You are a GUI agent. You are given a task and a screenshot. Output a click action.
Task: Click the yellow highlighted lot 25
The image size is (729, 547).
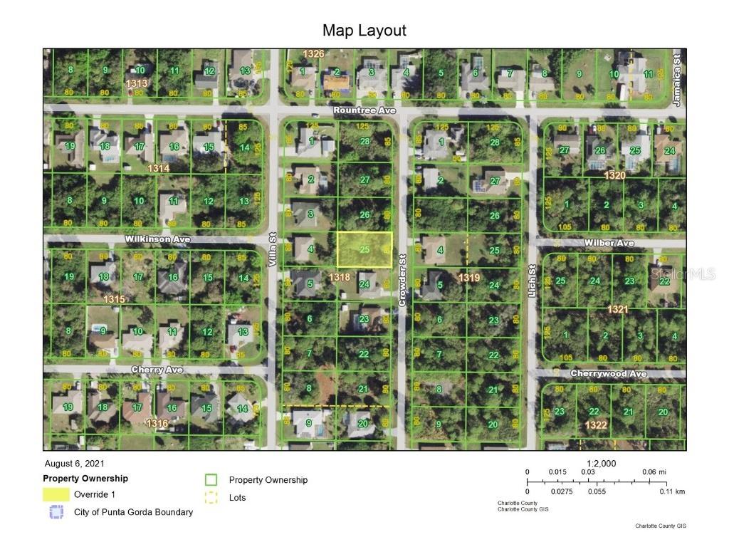tap(364, 249)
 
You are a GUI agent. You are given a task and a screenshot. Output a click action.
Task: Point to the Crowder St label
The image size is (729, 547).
tap(402, 281)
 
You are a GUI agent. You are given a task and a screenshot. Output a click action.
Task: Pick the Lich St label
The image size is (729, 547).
tap(532, 281)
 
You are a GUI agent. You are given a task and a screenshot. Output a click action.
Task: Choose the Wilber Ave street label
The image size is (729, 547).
tap(609, 243)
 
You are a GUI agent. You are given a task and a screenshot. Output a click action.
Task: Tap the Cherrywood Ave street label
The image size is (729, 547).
tap(608, 373)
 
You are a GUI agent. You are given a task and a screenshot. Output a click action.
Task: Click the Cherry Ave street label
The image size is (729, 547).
tap(157, 370)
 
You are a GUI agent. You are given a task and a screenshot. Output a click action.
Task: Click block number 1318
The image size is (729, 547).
tap(340, 276)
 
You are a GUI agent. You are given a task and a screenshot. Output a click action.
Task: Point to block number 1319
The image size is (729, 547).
tap(468, 276)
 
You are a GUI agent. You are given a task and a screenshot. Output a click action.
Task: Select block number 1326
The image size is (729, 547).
tap(313, 54)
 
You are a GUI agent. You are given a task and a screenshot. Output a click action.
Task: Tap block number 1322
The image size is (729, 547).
tap(596, 424)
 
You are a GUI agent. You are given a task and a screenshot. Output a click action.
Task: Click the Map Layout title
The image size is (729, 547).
tap(364, 31)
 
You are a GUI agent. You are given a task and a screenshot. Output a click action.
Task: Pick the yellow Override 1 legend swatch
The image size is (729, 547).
tap(56, 494)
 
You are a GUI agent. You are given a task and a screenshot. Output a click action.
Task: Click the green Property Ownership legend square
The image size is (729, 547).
tap(211, 480)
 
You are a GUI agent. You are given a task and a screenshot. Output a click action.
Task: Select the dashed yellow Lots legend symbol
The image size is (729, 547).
tap(211, 498)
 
